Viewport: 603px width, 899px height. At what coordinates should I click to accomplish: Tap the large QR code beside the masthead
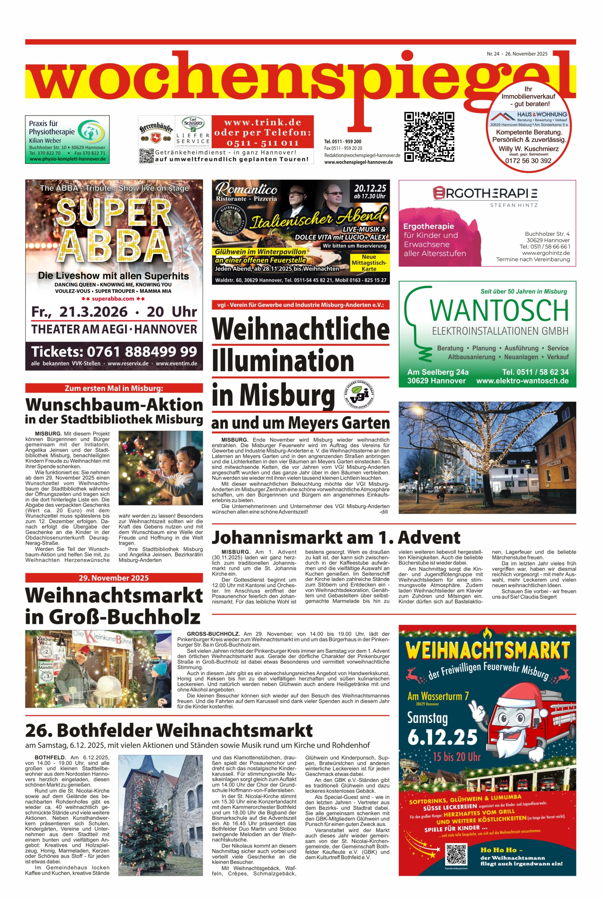[429, 137]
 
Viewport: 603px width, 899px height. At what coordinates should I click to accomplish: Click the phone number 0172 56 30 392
[528, 161]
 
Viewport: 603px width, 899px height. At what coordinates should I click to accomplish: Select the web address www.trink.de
[262, 123]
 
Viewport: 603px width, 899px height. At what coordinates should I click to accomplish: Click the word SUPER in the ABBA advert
[114, 212]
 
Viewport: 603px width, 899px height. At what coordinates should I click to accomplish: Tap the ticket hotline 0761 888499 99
[114, 352]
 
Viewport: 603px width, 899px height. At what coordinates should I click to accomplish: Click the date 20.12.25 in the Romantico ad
[370, 189]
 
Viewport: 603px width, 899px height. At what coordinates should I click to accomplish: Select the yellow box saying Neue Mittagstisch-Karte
[369, 263]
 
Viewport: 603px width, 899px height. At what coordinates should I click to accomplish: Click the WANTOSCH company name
[499, 311]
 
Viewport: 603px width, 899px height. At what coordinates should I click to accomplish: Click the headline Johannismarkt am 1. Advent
[336, 537]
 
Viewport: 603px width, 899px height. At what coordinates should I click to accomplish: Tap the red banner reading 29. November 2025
[114, 578]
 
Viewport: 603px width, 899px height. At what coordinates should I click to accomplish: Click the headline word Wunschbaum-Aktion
[114, 405]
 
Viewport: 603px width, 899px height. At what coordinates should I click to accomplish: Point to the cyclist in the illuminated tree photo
[442, 499]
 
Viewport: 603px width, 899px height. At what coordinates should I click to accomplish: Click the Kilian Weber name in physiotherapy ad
[45, 140]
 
